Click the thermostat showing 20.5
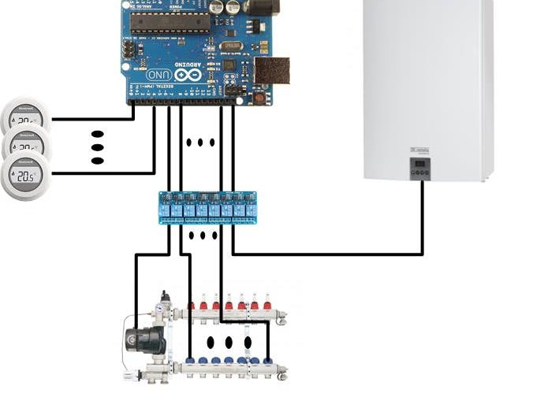tap(26, 177)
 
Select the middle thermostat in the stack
tap(26, 147)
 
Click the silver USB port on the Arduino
tap(271, 70)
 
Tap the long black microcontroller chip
tap(170, 23)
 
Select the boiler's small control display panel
tap(422, 168)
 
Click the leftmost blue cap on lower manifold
tap(191, 361)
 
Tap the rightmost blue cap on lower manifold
tap(268, 361)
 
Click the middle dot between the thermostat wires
tap(98, 147)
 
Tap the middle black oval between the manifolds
tap(229, 343)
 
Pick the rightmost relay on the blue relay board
tap(251, 208)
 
